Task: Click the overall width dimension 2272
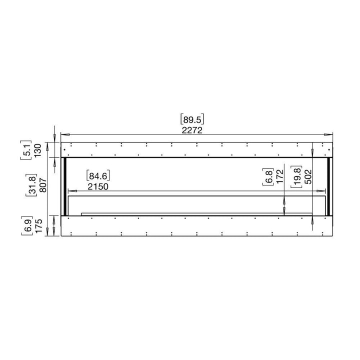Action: [x=192, y=129]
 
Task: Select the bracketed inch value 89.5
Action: [x=192, y=119]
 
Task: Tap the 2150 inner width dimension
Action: [x=98, y=186]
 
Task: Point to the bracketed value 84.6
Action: [x=98, y=175]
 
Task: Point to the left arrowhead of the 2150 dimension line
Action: [x=70, y=190]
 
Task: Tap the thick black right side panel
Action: [x=329, y=186]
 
